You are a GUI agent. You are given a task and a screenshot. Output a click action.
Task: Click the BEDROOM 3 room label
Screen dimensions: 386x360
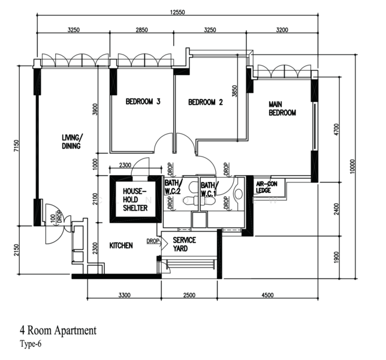click(143, 101)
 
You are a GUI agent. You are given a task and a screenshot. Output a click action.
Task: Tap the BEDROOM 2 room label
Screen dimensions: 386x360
click(206, 102)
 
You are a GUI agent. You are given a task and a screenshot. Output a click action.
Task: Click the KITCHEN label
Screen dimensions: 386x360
click(121, 245)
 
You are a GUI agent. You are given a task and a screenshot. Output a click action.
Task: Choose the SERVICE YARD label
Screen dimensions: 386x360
click(184, 244)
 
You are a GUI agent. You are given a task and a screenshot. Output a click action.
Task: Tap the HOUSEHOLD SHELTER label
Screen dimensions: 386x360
click(135, 200)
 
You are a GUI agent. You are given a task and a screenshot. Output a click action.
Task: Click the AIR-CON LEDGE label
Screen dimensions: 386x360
click(267, 187)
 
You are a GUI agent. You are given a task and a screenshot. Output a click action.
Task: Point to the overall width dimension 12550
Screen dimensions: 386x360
click(177, 12)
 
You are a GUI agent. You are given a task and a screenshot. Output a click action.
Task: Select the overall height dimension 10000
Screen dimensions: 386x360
click(352, 166)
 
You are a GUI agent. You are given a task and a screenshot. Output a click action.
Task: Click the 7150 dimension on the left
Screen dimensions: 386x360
click(16, 146)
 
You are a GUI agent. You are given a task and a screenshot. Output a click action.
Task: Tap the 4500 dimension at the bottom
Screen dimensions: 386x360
click(267, 295)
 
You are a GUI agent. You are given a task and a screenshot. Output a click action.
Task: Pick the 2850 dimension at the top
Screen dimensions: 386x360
click(142, 30)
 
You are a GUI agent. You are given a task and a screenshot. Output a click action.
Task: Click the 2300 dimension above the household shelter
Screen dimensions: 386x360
click(125, 165)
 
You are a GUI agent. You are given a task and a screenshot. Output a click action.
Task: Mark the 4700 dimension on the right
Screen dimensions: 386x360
click(336, 129)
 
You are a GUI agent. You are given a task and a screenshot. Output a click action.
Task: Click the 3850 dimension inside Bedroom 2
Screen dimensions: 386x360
click(234, 91)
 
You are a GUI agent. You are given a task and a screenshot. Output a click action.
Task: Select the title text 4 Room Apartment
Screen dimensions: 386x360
click(58, 330)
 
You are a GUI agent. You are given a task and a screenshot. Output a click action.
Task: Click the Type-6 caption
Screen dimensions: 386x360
click(31, 344)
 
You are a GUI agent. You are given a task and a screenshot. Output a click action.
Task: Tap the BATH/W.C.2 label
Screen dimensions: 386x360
click(174, 187)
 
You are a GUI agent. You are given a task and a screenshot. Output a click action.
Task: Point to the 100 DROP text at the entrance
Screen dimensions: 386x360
click(56, 217)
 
